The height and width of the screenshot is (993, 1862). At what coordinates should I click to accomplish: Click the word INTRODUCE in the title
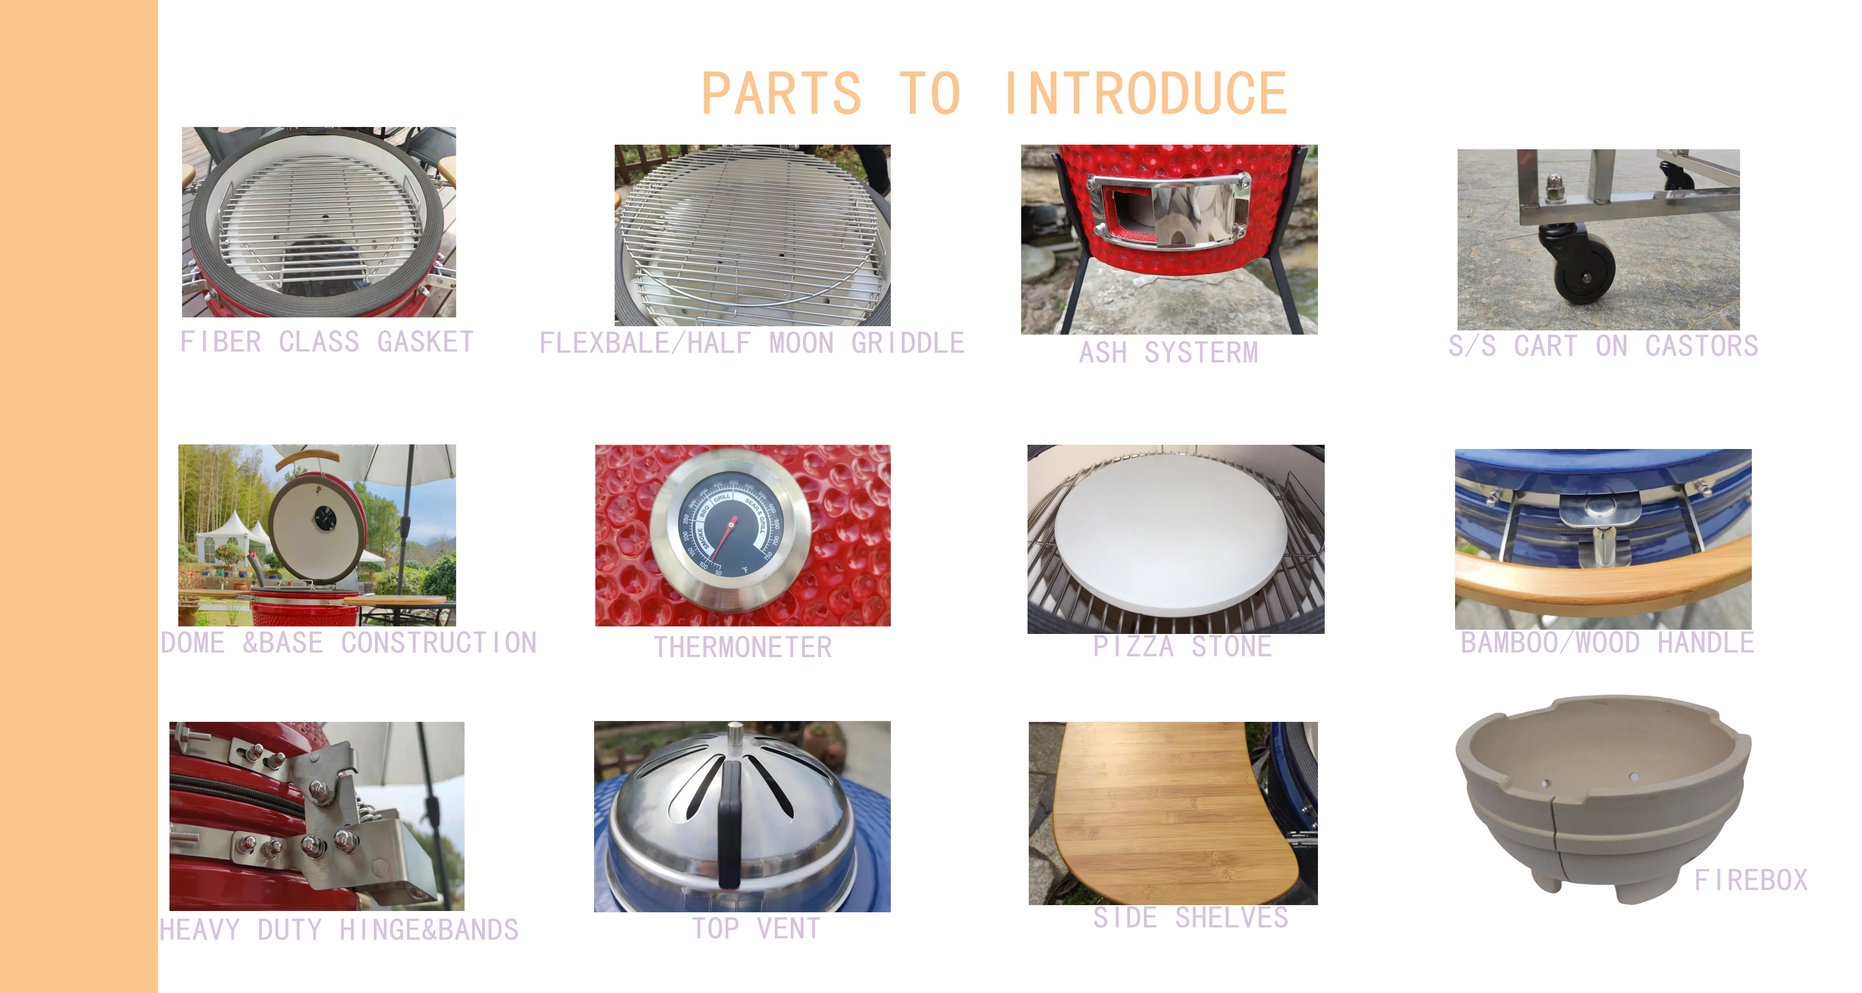click(1146, 93)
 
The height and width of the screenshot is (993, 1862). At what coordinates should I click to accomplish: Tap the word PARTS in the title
click(782, 93)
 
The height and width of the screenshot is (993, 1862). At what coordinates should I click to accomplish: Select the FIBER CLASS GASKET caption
click(327, 342)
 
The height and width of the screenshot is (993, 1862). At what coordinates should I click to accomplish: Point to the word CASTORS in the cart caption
click(1701, 346)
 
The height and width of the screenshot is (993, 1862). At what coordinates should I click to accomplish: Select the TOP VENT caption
click(756, 928)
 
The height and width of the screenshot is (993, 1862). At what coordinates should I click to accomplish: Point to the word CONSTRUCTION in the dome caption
click(439, 642)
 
